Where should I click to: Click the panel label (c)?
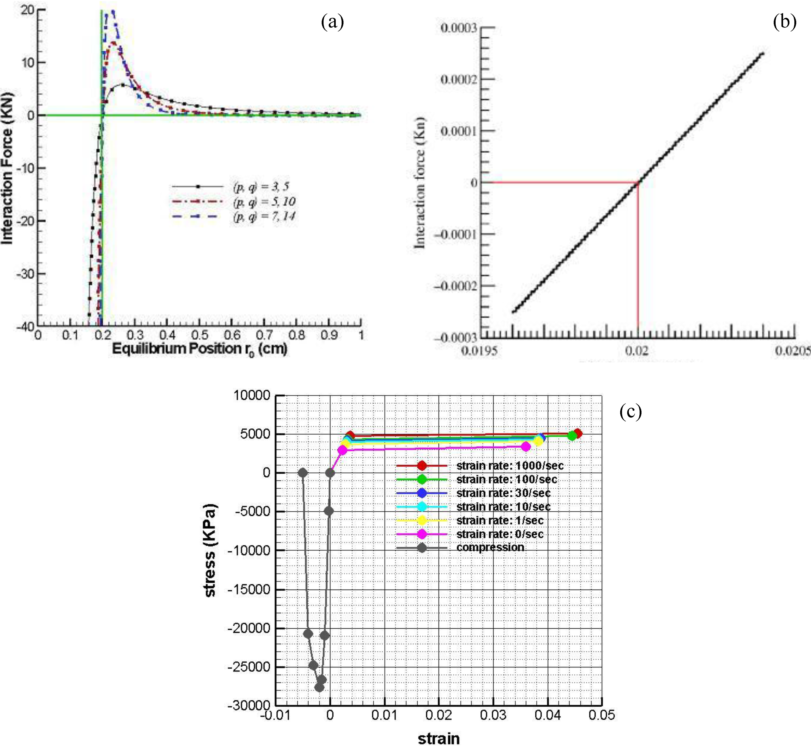point(630,411)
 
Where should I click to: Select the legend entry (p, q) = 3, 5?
point(261,186)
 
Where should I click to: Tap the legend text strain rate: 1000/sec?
point(509,466)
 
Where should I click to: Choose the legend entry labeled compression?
point(490,547)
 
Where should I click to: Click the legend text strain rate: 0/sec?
point(500,534)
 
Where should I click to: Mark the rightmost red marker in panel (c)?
point(577,433)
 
